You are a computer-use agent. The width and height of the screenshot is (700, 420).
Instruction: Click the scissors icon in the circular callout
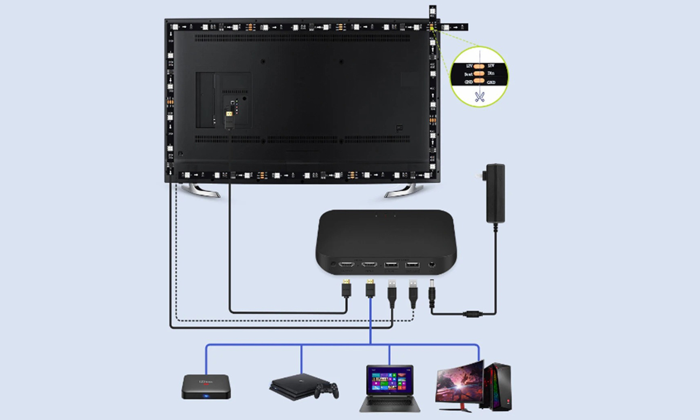pyautogui.click(x=479, y=96)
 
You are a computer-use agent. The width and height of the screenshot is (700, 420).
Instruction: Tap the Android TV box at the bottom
pyautogui.click(x=206, y=387)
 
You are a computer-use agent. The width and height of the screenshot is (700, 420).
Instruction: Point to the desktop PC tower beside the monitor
pyautogui.click(x=498, y=386)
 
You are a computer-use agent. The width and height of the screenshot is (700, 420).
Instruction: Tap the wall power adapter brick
pyautogui.click(x=495, y=194)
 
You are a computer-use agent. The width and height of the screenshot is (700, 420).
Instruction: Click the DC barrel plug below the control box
pyautogui.click(x=432, y=296)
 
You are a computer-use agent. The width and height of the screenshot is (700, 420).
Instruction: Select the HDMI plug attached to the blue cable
pyautogui.click(x=370, y=289)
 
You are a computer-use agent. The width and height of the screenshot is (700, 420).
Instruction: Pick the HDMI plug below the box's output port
pyautogui.click(x=346, y=289)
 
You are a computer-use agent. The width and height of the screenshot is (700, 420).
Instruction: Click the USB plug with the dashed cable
pyautogui.click(x=413, y=293)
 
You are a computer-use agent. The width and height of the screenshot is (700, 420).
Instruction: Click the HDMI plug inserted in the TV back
pyautogui.click(x=229, y=118)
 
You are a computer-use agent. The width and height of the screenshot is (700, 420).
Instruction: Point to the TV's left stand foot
pyautogui.click(x=200, y=191)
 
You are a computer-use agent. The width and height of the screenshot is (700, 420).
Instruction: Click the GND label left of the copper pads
pyautogui.click(x=468, y=82)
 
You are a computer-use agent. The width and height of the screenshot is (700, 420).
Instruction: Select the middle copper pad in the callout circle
pyautogui.click(x=479, y=73)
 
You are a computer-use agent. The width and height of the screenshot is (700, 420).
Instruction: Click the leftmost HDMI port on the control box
pyautogui.click(x=346, y=265)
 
